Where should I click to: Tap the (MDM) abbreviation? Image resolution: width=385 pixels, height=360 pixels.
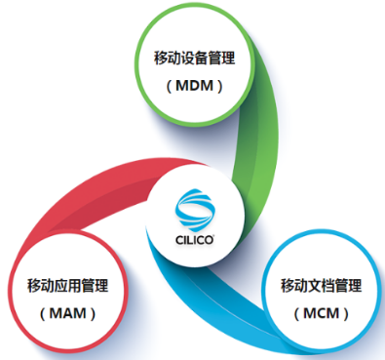(194, 86)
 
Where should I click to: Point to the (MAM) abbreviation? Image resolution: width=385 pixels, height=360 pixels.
(67, 314)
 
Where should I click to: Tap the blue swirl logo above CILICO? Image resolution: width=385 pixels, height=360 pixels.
(193, 208)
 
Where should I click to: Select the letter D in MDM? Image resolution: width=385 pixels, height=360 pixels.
(194, 86)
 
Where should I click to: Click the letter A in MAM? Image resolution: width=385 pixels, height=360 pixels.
(67, 314)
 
